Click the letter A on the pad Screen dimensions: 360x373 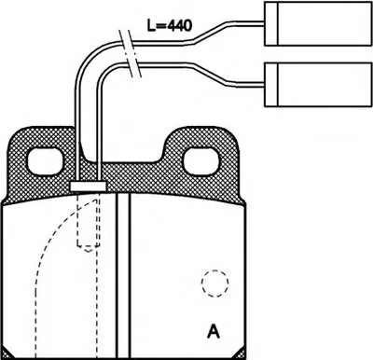(x=215, y=329)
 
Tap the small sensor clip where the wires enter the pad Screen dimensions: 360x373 (x=86, y=187)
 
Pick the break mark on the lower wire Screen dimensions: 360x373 (x=137, y=68)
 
